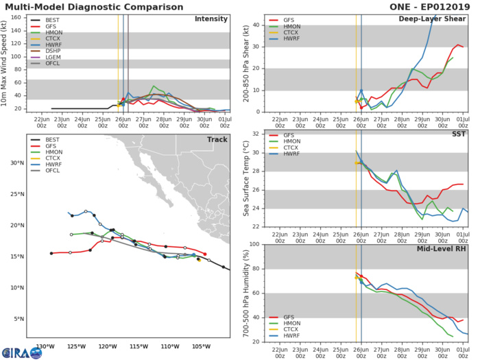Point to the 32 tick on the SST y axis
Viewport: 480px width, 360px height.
click(255, 133)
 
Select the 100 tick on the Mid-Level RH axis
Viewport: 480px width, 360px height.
click(253, 244)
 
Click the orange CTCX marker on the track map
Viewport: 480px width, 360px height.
click(199, 259)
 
